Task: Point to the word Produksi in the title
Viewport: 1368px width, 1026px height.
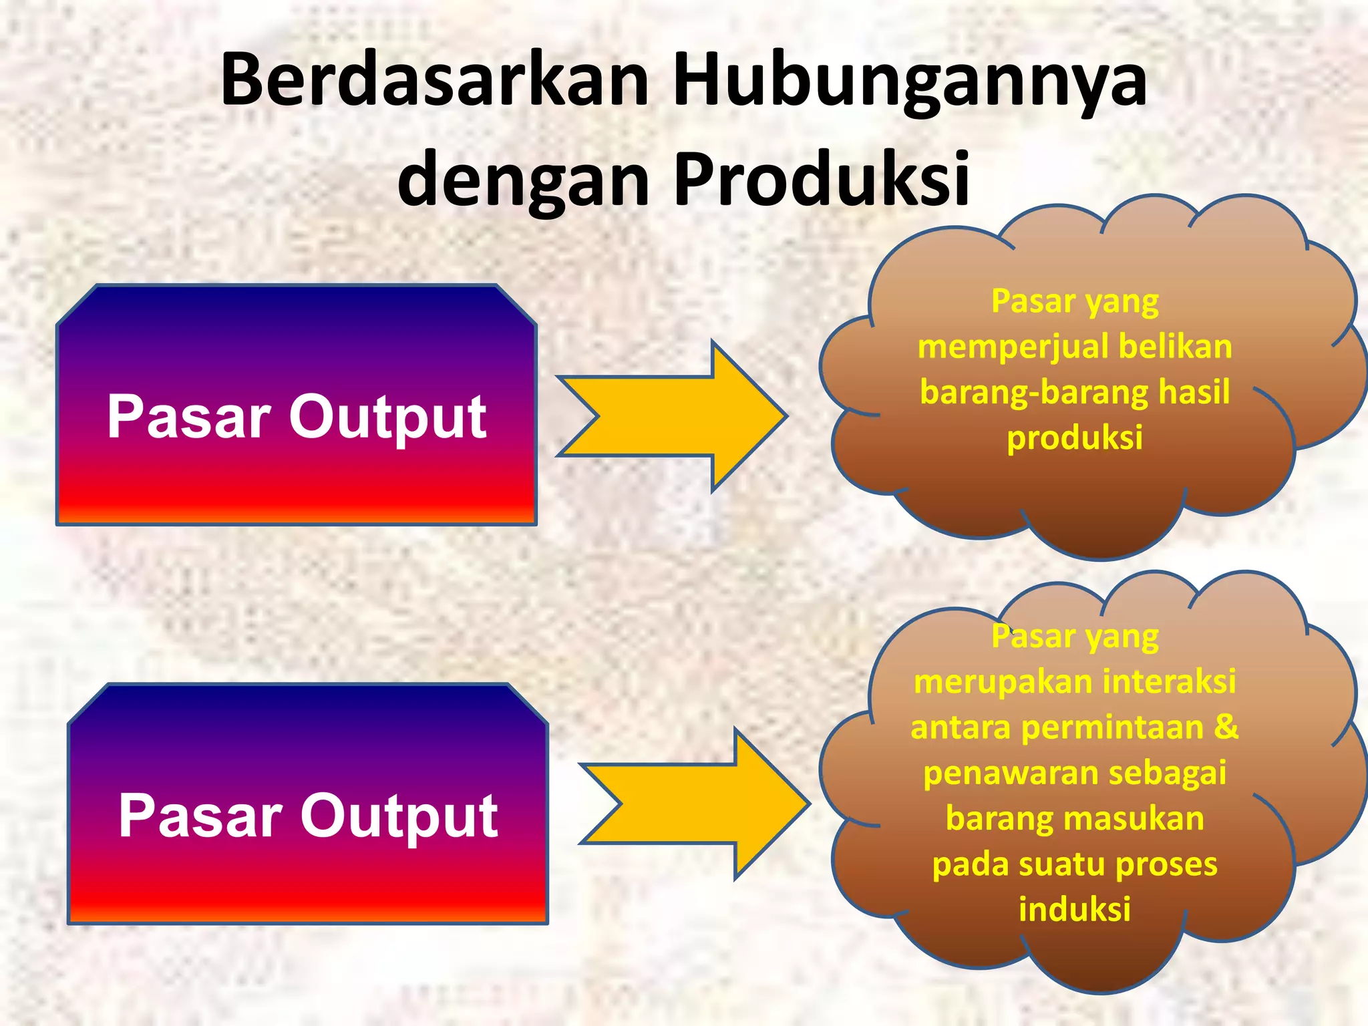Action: pyautogui.click(x=821, y=179)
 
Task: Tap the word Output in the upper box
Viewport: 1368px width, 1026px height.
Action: pyautogui.click(x=387, y=417)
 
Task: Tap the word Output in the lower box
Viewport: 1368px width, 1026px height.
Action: pyautogui.click(x=399, y=816)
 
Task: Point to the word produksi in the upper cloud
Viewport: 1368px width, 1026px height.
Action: pyautogui.click(x=1074, y=438)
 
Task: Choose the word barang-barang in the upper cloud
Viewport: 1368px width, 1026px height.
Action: pyautogui.click(x=1032, y=393)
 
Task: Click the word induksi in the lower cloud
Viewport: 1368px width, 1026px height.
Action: pyautogui.click(x=1074, y=909)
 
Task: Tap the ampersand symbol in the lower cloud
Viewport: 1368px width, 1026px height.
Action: pyautogui.click(x=1226, y=727)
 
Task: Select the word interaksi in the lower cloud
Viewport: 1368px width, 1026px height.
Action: pyautogui.click(x=1169, y=682)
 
